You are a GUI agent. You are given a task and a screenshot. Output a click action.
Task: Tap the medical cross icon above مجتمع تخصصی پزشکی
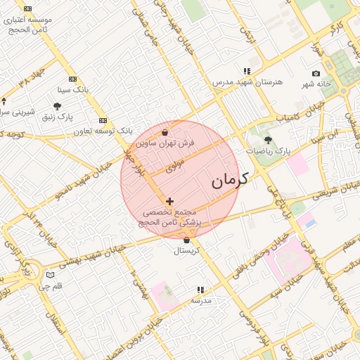pyautogui.click(x=169, y=201)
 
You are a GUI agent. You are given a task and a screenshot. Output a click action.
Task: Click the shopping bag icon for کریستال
pyautogui.click(x=186, y=240)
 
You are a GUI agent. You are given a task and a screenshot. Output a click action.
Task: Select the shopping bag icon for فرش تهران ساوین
pyautogui.click(x=165, y=132)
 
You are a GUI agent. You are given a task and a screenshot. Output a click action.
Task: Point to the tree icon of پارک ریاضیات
pyautogui.click(x=267, y=140)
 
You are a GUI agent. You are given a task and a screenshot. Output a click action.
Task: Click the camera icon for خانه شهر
pyautogui.click(x=316, y=74)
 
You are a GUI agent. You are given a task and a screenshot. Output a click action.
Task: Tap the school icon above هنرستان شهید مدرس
pyautogui.click(x=247, y=71)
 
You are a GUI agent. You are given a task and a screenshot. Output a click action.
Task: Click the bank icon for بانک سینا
pyautogui.click(x=72, y=79)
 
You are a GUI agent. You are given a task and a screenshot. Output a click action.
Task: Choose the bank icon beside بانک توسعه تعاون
pyautogui.click(x=103, y=120)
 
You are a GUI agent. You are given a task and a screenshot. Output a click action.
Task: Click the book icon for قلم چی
pyautogui.click(x=49, y=275)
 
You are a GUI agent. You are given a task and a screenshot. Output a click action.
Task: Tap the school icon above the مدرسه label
pyautogui.click(x=200, y=289)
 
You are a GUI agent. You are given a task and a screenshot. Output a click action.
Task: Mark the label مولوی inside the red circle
pyautogui.click(x=175, y=167)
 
